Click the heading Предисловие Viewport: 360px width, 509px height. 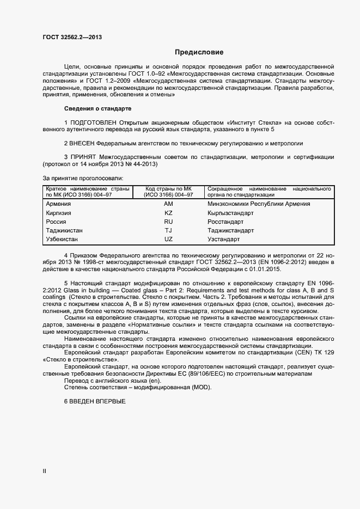coord(199,53)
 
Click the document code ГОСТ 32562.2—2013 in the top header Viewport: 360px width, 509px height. coord(72,38)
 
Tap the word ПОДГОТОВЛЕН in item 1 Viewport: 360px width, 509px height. coord(93,123)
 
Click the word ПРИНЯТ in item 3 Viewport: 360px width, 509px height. coord(83,157)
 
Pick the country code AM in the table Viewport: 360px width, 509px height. coord(168,204)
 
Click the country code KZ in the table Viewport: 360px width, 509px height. coord(168,213)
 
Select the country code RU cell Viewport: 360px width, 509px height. coord(168,222)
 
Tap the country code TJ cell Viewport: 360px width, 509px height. coord(168,230)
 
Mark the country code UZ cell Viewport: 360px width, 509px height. coord(168,239)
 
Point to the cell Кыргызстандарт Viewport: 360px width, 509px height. coord(230,213)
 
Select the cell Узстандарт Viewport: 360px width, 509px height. coord(223,239)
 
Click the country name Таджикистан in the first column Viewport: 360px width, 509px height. coord(64,230)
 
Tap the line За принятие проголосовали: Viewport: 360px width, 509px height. coord(83,178)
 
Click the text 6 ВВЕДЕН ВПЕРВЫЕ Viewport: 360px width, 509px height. coord(95,401)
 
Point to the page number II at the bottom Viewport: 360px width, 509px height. coord(45,471)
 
